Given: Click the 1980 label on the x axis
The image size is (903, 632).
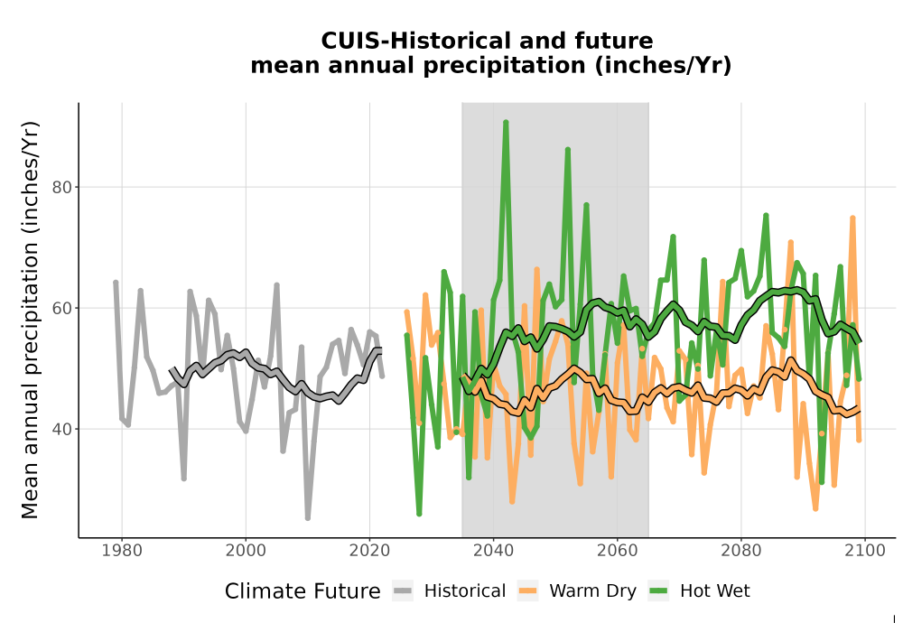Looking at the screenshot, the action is tap(122, 550).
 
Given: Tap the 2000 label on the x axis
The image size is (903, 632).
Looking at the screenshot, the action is tap(246, 550).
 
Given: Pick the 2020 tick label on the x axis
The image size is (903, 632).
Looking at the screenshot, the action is tap(369, 550).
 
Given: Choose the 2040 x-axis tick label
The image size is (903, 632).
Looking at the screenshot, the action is tap(494, 550).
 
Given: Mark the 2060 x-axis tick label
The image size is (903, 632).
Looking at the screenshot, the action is tap(618, 550).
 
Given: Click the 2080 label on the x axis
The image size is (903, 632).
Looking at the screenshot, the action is tap(741, 550).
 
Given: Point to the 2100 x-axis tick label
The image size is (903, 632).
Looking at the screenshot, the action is tap(865, 550).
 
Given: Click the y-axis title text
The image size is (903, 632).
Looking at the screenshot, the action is tap(30, 320).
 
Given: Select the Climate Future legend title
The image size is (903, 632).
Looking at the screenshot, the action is tap(303, 591).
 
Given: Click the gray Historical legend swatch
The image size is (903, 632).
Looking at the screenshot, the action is tap(403, 591).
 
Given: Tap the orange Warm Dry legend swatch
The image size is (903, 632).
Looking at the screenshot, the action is tap(527, 591).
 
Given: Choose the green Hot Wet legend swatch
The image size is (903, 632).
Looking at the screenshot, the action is tap(659, 591).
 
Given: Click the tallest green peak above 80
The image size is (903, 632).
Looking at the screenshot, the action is tap(506, 123).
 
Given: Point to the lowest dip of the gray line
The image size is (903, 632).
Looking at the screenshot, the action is tap(308, 518).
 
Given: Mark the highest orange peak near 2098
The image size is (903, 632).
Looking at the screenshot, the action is tap(852, 218).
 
